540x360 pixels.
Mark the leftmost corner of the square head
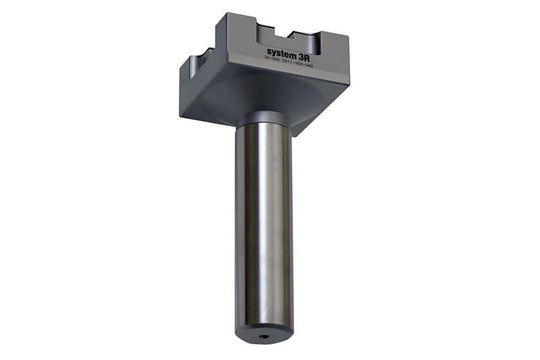coord(182,67)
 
